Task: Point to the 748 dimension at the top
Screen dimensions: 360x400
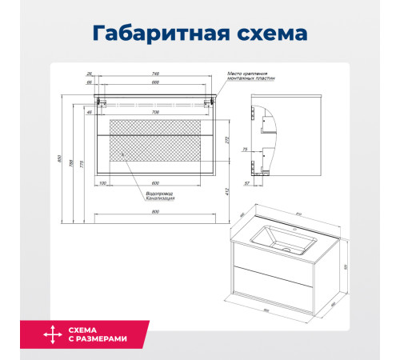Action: [154, 74]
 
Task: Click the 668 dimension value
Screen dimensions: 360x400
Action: [154, 82]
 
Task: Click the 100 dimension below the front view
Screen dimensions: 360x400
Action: [103, 183]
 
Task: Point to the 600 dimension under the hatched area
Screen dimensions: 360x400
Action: [154, 183]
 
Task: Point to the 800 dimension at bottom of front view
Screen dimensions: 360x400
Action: [154, 212]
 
